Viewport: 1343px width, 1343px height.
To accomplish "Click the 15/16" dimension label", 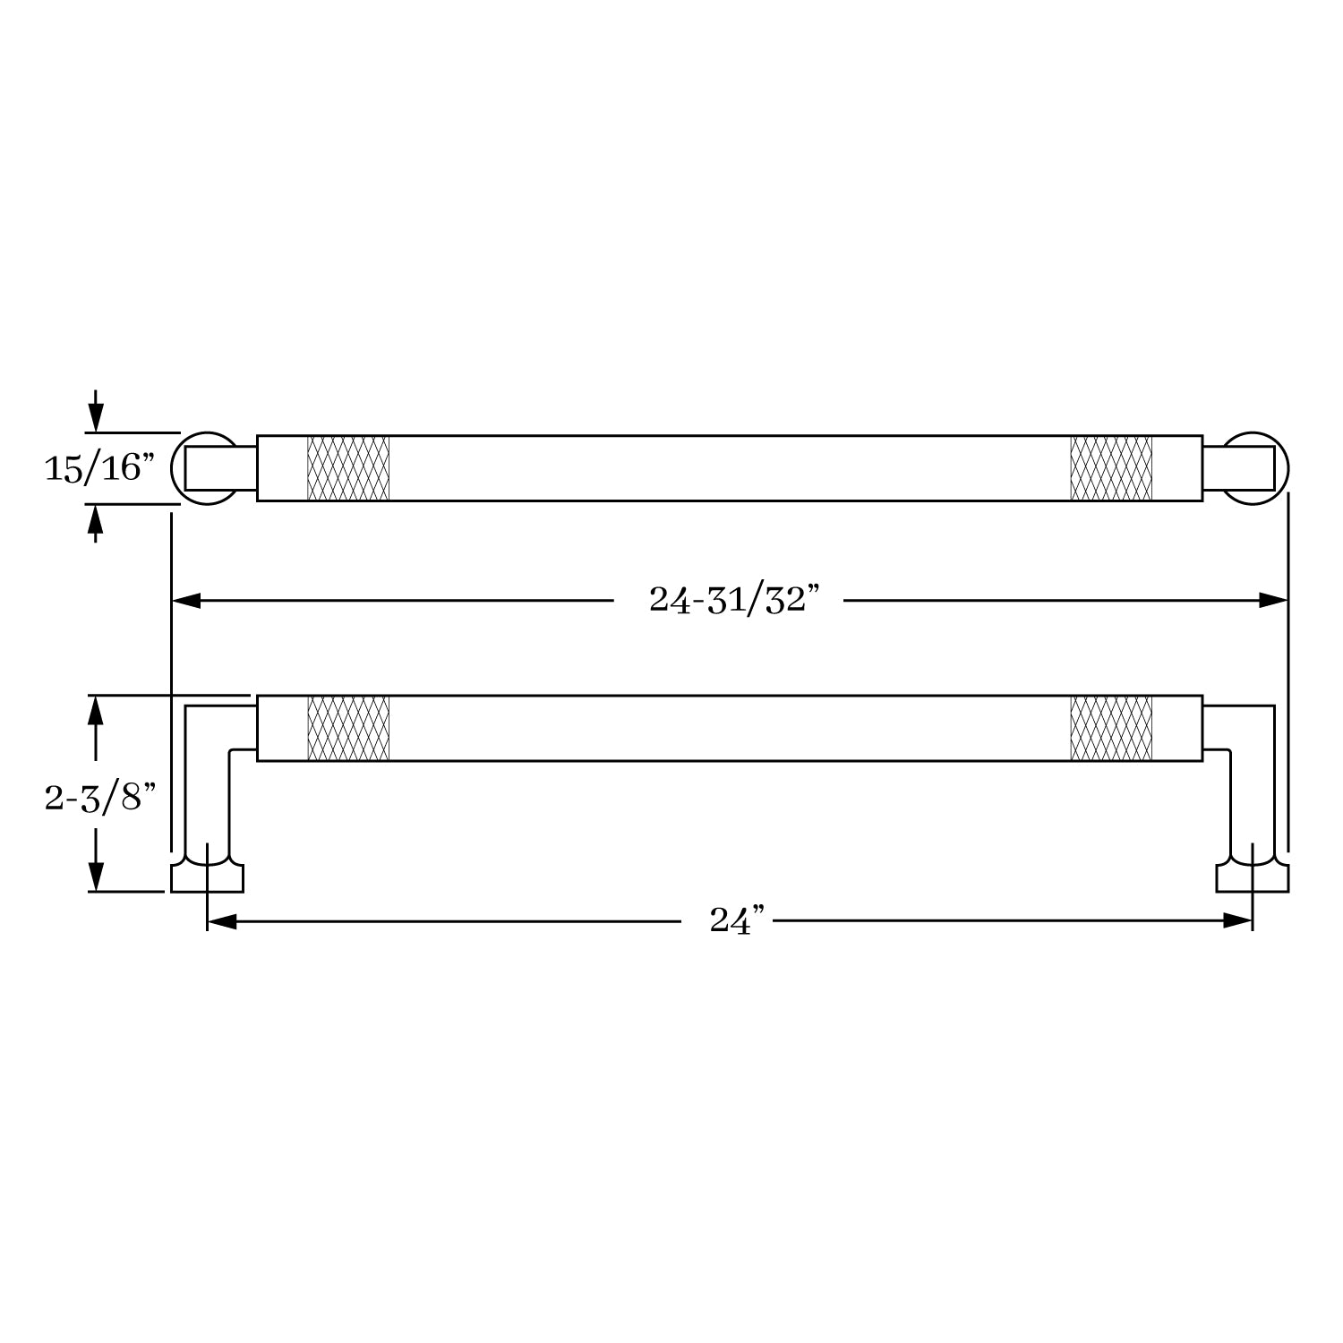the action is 100,467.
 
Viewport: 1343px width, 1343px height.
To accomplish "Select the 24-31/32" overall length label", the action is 734,599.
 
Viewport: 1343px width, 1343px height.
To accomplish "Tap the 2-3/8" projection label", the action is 100,796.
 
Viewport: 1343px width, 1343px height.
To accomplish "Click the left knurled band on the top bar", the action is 348,468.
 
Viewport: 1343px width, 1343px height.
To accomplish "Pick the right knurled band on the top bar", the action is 1111,468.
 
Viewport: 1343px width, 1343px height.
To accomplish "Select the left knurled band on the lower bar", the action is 348,728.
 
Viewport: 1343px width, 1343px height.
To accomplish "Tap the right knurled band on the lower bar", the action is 1111,728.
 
